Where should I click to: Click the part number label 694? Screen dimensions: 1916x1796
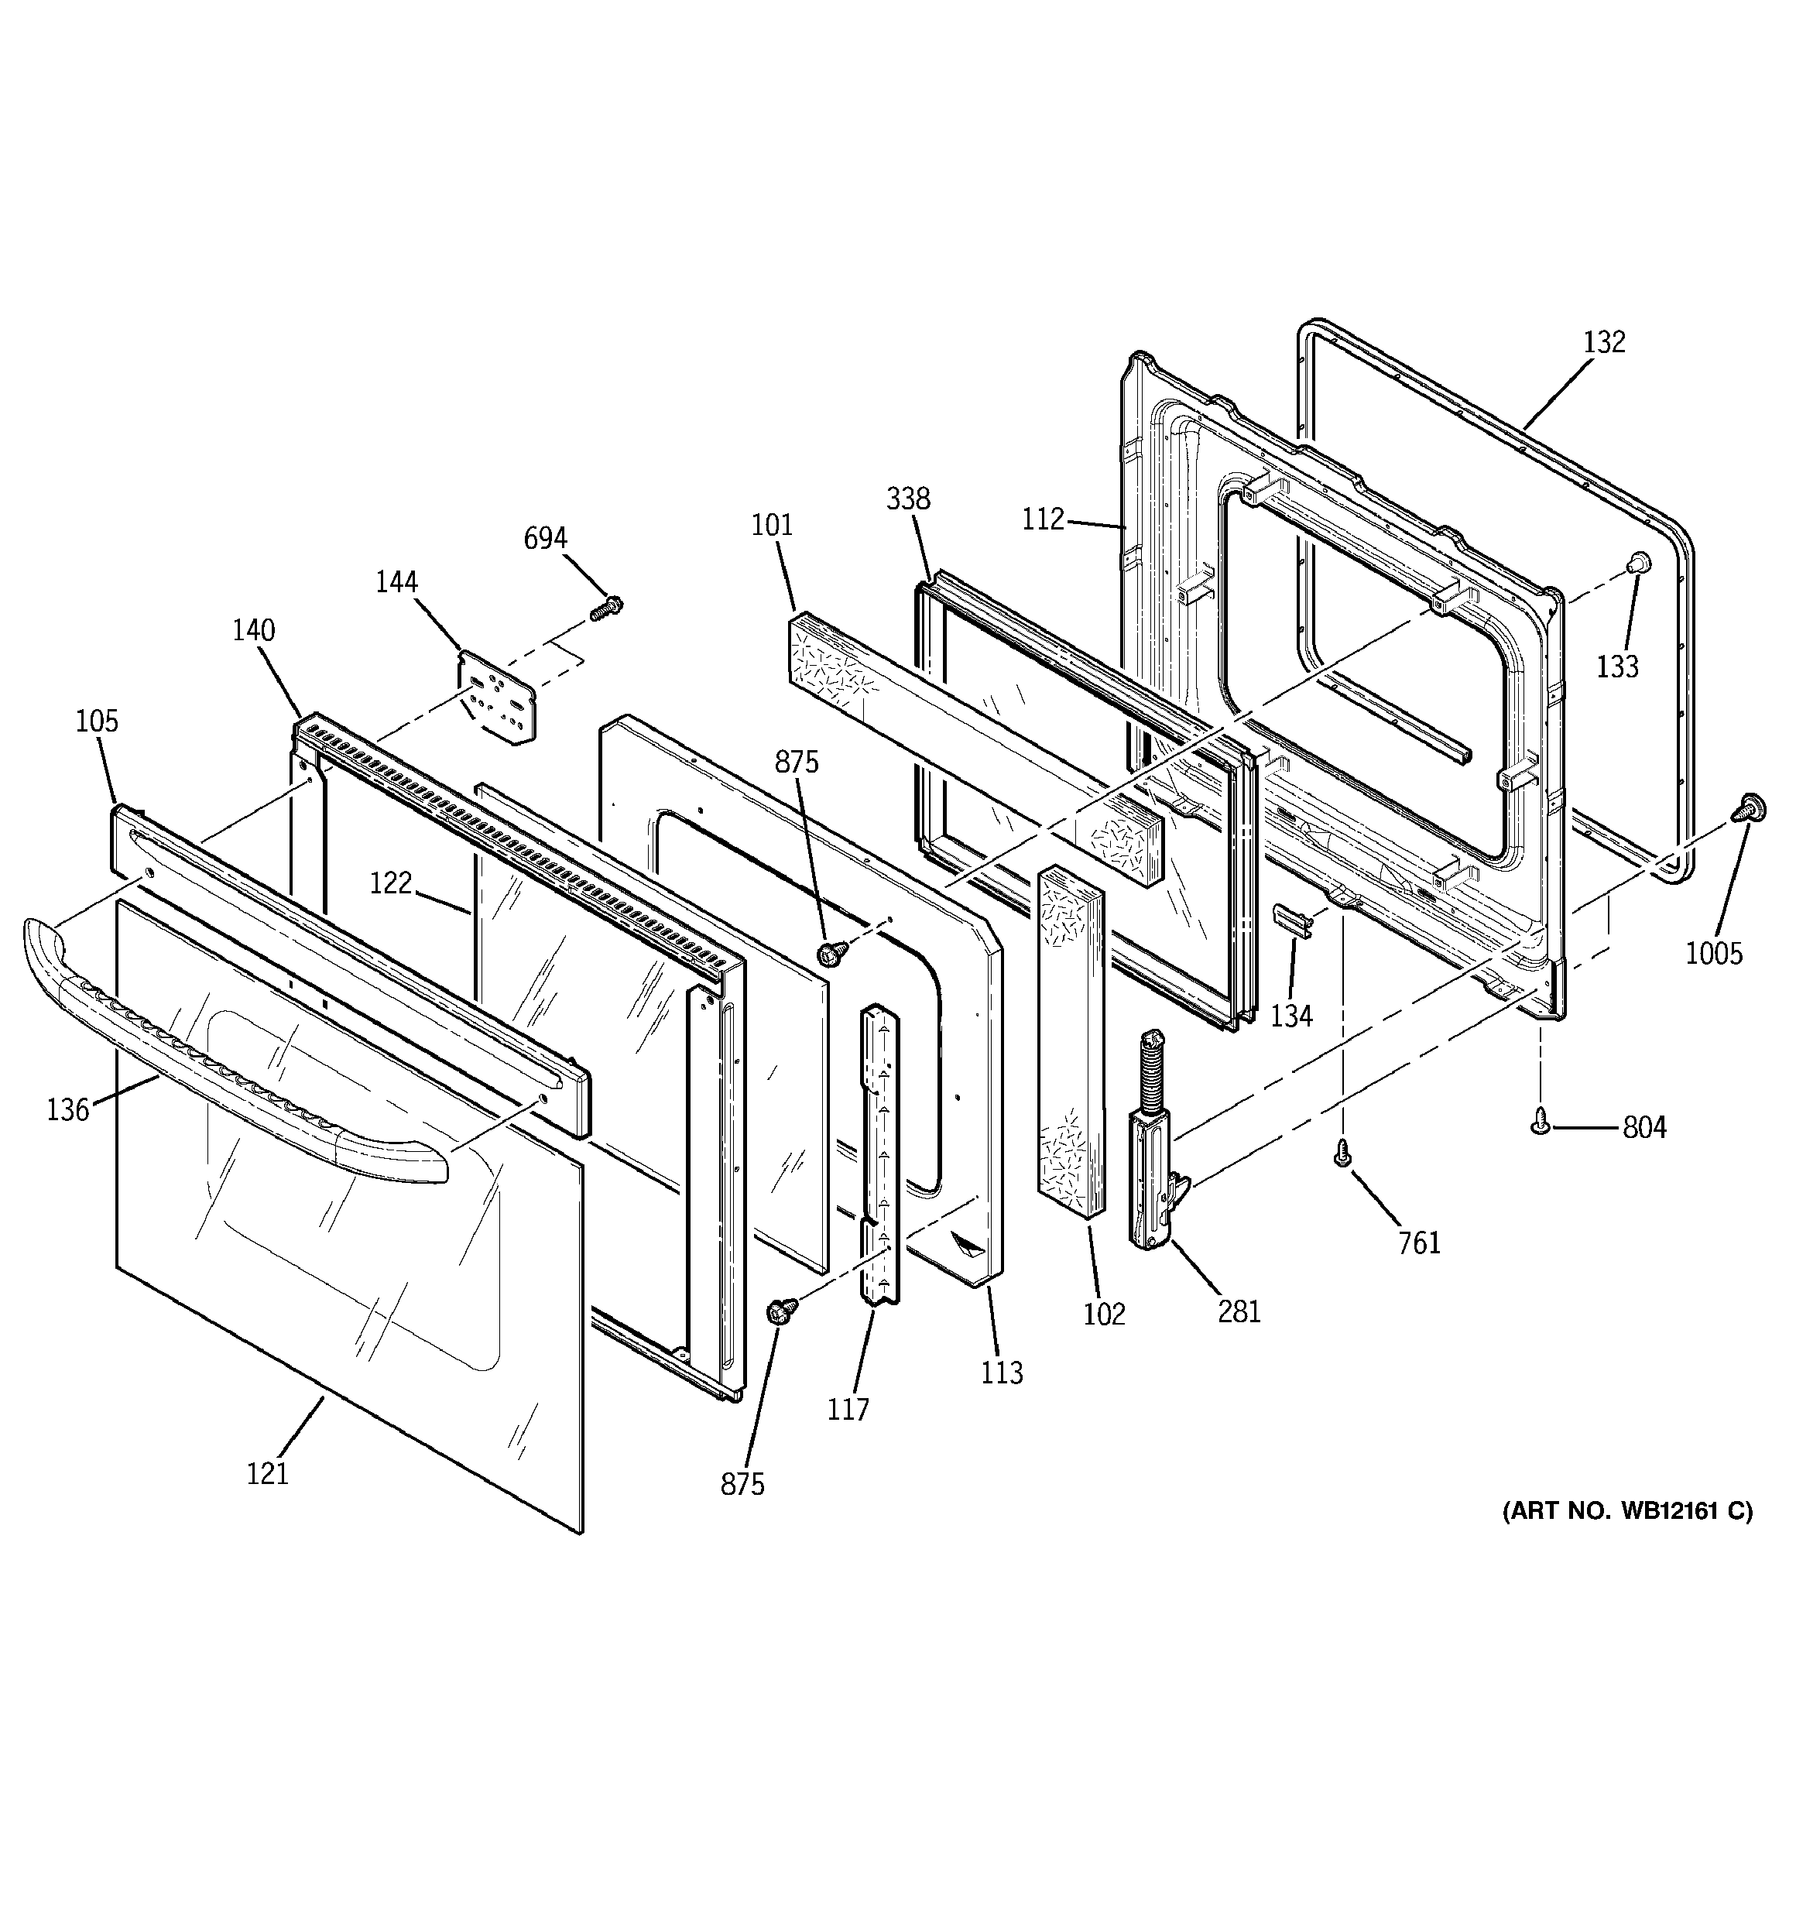[x=545, y=538]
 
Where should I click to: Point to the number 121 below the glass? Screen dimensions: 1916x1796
[x=267, y=1474]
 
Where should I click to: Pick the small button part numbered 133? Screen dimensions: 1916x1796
[x=1635, y=564]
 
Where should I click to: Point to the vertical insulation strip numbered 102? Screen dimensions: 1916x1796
[x=1070, y=1041]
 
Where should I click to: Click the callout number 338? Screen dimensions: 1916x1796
[x=908, y=499]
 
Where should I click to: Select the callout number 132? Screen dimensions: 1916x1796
[x=1604, y=341]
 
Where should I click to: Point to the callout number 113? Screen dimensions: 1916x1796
[x=1002, y=1373]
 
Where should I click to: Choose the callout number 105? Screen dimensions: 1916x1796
[x=98, y=721]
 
